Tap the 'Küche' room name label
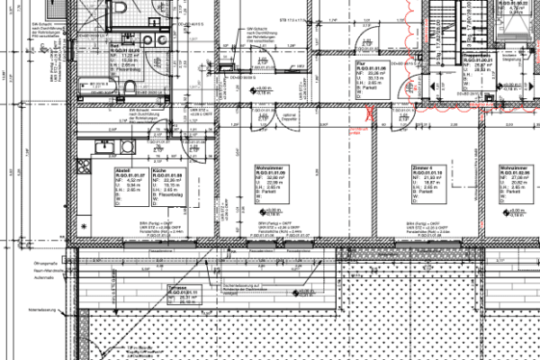pyautogui.click(x=158, y=169)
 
